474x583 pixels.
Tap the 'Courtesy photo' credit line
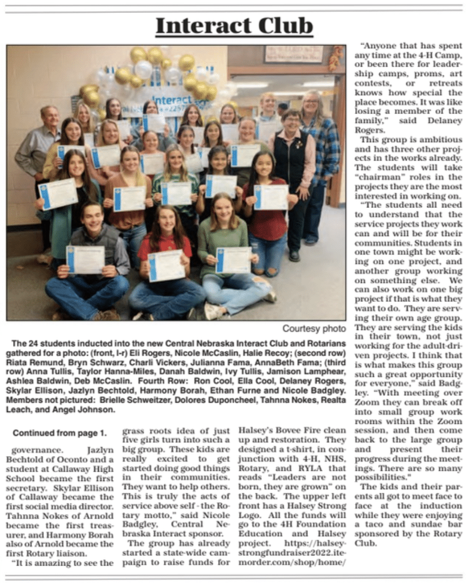(313, 328)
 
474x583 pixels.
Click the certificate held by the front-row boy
(85, 259)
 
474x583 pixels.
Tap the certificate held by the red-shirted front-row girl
(166, 264)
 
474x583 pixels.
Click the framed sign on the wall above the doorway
(293, 54)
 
